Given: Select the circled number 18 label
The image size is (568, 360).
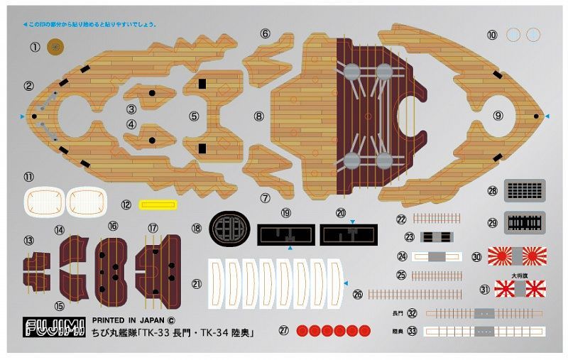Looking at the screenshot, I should (197, 229).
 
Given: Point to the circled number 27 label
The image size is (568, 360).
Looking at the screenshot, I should (284, 330).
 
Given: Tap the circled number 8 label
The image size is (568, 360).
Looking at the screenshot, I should (258, 115).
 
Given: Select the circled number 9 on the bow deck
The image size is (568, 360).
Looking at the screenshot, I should (498, 115).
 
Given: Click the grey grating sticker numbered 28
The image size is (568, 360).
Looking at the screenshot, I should (492, 34).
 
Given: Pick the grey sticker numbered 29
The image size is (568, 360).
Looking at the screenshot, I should (525, 190).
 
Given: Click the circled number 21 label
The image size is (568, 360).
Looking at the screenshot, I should (197, 283).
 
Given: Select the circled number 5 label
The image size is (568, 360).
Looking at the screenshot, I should (194, 116).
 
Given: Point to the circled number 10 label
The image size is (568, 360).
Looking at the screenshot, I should (492, 34).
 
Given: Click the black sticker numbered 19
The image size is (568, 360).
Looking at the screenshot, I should (287, 234).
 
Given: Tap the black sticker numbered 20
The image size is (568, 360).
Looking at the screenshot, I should (349, 234).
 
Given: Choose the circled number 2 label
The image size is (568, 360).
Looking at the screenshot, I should (29, 87).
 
